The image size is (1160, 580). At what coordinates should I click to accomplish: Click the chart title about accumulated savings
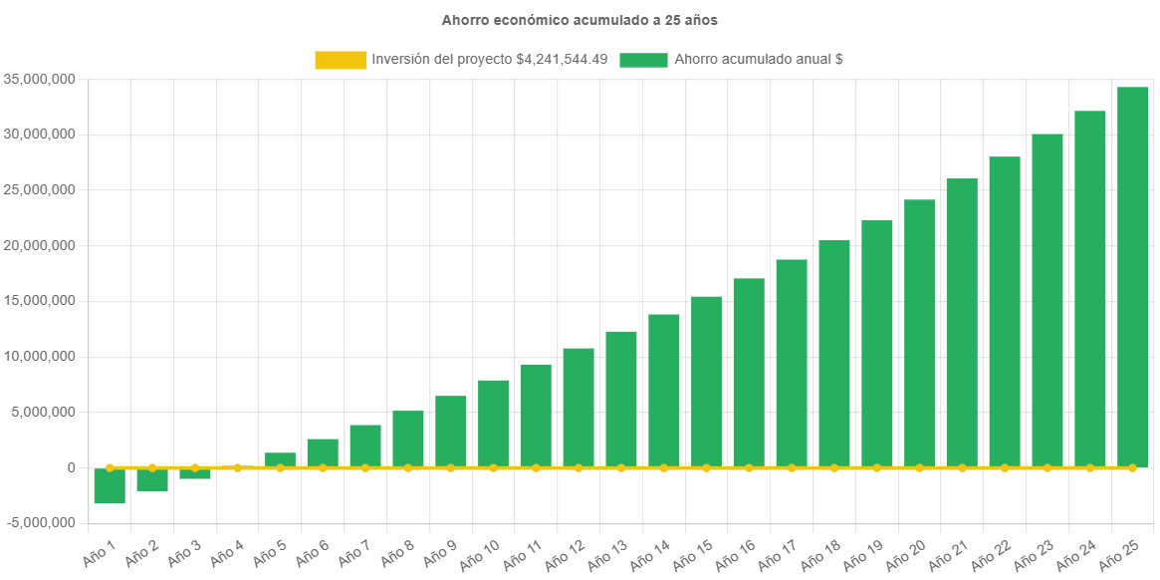tap(580, 20)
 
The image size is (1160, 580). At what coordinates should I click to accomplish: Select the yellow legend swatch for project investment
tap(341, 60)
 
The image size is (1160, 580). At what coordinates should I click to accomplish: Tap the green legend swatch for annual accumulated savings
tap(643, 60)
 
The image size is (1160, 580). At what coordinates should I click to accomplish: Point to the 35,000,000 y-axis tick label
tap(40, 79)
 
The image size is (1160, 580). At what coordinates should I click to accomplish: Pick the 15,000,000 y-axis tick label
tap(40, 301)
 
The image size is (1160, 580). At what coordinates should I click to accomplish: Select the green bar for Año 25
tap(1132, 277)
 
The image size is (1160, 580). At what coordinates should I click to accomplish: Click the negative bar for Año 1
tap(110, 486)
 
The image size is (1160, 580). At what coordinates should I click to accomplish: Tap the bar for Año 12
tap(579, 408)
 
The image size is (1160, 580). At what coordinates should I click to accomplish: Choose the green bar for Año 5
tap(280, 459)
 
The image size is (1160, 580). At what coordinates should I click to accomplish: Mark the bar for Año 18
tap(834, 354)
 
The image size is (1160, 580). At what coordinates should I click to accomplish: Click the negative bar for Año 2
tap(152, 479)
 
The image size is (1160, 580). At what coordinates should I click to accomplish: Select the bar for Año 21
tap(962, 323)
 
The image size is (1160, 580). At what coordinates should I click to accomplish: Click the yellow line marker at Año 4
tap(237, 467)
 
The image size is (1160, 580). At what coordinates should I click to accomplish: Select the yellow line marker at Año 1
tap(110, 467)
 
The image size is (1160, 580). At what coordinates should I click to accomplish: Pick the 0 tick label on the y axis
tap(70, 467)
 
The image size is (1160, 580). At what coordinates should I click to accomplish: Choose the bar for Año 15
tap(706, 382)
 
